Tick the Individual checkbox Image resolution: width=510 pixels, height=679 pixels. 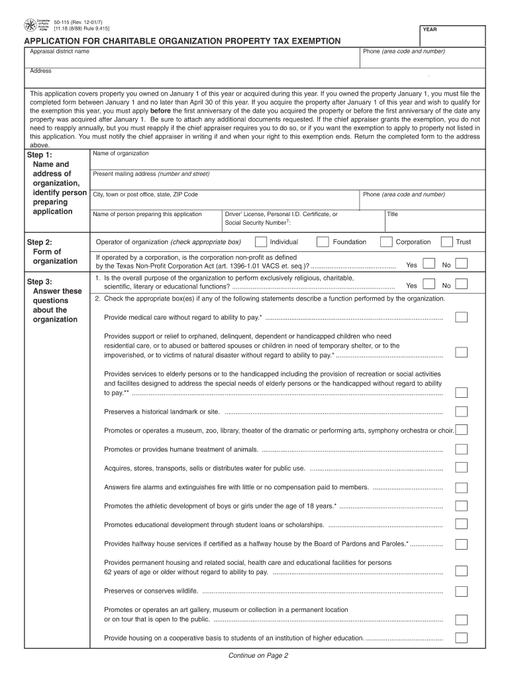click(262, 242)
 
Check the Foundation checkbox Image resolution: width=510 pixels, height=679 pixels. click(323, 242)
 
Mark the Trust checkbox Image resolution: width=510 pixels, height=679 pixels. click(447, 242)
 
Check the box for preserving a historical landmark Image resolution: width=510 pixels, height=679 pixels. click(462, 411)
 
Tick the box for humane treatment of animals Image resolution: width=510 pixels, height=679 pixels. click(462, 449)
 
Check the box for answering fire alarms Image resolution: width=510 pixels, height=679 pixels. click(462, 487)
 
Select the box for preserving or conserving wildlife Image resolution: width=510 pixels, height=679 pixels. click(462, 591)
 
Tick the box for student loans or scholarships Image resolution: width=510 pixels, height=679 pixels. click(462, 525)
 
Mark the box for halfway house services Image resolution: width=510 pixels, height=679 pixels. click(462, 544)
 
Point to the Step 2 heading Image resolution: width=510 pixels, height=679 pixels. click(39, 242)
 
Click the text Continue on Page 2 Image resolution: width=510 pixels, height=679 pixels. click(258, 656)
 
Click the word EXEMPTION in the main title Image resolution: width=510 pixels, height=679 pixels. click(307, 41)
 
